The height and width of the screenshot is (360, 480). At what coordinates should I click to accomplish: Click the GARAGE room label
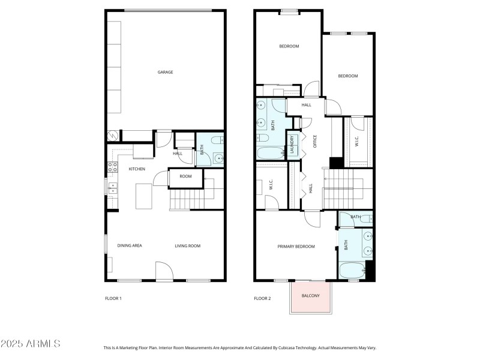(165, 72)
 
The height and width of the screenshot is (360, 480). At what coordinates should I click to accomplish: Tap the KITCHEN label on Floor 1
(137, 169)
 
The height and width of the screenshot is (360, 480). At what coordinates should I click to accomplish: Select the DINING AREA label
(129, 245)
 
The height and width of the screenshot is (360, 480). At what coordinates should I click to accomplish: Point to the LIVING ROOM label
(187, 245)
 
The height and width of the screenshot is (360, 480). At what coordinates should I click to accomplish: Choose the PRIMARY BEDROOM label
(296, 247)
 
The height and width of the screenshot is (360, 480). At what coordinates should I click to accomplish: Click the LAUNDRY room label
(293, 146)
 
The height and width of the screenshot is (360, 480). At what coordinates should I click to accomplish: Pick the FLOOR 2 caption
(262, 298)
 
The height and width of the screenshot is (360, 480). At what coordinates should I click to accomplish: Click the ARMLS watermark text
(31, 344)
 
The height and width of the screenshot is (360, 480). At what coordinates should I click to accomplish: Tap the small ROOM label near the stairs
(185, 176)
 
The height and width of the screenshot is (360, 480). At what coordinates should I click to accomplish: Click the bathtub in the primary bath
(351, 271)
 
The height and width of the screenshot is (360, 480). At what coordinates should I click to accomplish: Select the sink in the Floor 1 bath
(218, 159)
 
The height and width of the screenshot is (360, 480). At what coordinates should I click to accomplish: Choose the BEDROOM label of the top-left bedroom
(289, 46)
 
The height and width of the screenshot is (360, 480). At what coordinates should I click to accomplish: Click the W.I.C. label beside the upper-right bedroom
(356, 142)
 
